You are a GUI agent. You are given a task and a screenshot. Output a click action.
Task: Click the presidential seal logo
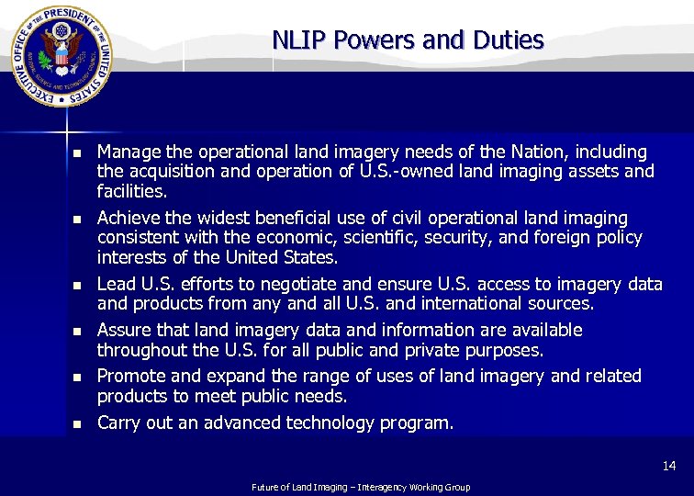[x=62, y=57]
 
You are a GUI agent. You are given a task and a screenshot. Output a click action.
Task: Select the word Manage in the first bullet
[x=128, y=152]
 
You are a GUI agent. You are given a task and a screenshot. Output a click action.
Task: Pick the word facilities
[x=132, y=192]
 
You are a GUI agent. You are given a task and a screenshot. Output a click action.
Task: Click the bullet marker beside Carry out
[x=78, y=424]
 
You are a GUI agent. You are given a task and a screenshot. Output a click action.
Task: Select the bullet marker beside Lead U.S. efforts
[x=78, y=286]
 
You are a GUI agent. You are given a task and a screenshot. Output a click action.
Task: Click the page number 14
[x=669, y=467]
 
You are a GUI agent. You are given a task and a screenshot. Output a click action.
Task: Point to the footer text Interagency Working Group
[x=419, y=487]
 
